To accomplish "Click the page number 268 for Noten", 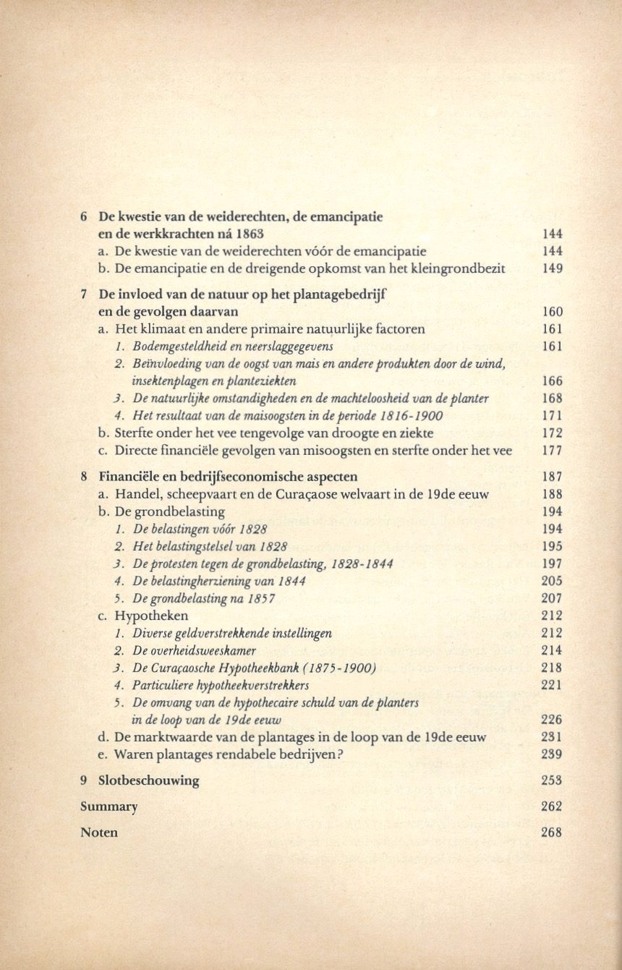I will pyautogui.click(x=551, y=832).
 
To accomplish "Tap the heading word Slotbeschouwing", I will pyautogui.click(x=148, y=780).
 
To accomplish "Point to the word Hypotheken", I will pyautogui.click(x=152, y=616).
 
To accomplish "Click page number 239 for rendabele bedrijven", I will pyautogui.click(x=551, y=754).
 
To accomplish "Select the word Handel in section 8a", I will pyautogui.click(x=135, y=494).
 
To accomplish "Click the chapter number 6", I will pyautogui.click(x=84, y=216).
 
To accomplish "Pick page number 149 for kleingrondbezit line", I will pyautogui.click(x=552, y=268).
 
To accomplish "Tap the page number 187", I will pyautogui.click(x=552, y=477).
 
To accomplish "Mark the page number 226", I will pyautogui.click(x=552, y=720).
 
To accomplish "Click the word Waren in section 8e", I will pyautogui.click(x=134, y=754).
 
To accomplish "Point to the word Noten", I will pyautogui.click(x=99, y=833).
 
